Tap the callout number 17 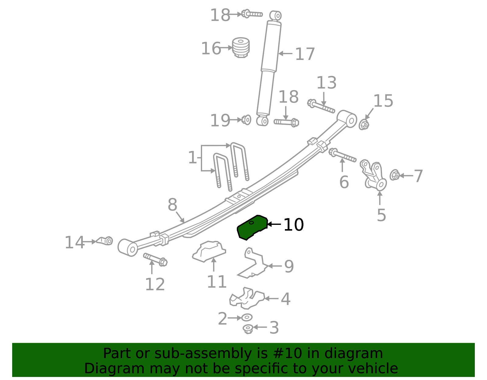point(305,54)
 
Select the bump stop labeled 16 point(241,47)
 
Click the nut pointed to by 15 point(364,125)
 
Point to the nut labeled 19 point(247,120)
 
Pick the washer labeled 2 point(247,317)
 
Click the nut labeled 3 point(248,329)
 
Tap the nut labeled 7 point(395,175)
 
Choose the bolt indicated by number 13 point(321,106)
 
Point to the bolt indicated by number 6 point(342,155)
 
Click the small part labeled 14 point(105,241)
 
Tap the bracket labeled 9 point(253,263)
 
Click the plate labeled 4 point(247,298)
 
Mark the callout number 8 point(172,205)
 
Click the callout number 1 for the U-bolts point(192,158)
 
